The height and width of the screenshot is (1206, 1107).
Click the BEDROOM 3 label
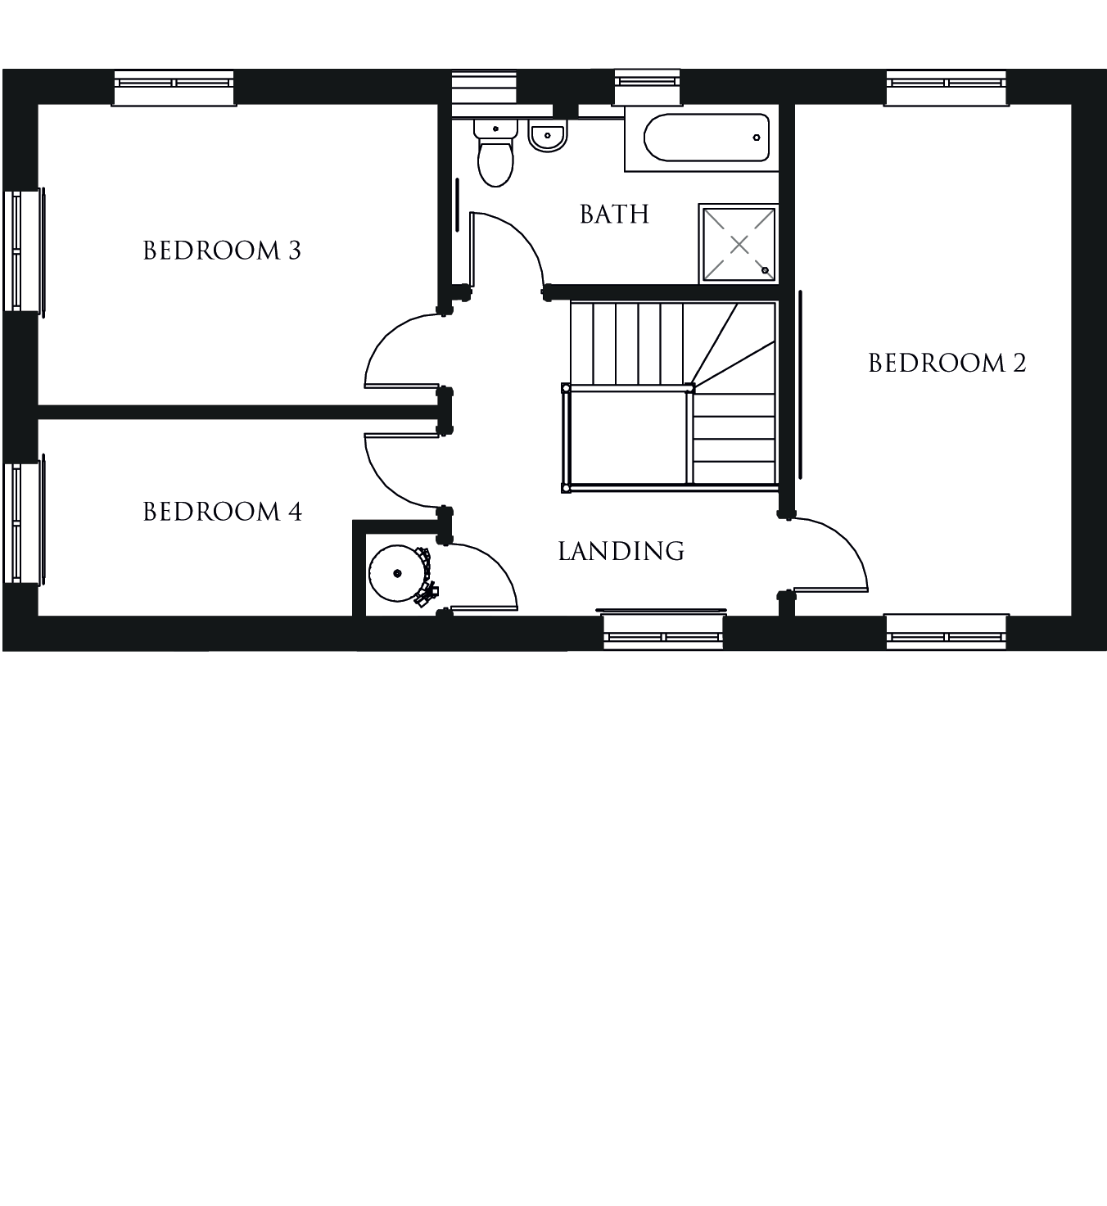[222, 250]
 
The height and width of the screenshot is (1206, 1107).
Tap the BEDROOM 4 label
[223, 512]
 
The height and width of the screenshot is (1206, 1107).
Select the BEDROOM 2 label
[947, 363]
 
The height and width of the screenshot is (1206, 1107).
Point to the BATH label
[615, 214]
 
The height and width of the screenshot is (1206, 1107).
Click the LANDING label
[621, 551]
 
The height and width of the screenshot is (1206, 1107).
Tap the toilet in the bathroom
[495, 152]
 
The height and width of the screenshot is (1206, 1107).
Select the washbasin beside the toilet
[547, 135]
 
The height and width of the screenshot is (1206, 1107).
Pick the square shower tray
[739, 244]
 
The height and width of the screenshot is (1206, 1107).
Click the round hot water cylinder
[397, 573]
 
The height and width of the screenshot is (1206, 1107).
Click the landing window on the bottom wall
[662, 631]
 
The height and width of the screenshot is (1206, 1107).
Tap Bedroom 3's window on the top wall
[174, 88]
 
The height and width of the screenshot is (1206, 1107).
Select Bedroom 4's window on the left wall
[24, 521]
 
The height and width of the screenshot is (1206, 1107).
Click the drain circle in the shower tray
[765, 270]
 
